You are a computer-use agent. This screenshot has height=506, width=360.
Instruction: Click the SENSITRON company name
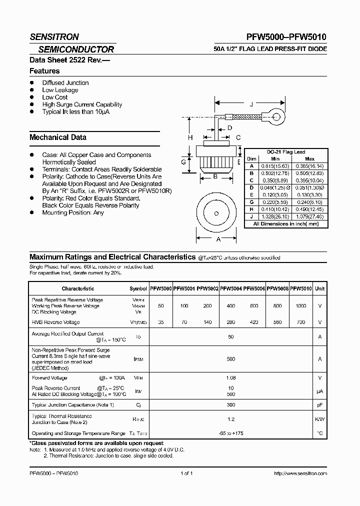pyautogui.click(x=54, y=37)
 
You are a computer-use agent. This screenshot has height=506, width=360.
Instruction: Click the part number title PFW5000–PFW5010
pyautogui.click(x=286, y=37)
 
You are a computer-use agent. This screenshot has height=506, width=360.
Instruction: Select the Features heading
pyautogui.click(x=44, y=71)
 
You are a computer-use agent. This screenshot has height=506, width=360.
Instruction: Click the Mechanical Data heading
pyautogui.click(x=58, y=137)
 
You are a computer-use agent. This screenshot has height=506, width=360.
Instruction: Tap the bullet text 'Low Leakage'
pyautogui.click(x=60, y=90)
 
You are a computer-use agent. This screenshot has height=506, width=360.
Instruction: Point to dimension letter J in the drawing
pyautogui.click(x=251, y=104)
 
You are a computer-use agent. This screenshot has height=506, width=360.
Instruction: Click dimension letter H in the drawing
pyautogui.click(x=190, y=137)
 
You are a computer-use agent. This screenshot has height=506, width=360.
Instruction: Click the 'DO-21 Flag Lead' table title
pyautogui.click(x=286, y=152)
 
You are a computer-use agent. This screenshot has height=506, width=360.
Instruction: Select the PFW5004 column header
pyautogui.click(x=231, y=288)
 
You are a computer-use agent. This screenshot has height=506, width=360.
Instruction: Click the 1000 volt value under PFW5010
pyautogui.click(x=300, y=305)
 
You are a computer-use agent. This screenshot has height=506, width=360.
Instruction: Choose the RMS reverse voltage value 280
pyautogui.click(x=231, y=322)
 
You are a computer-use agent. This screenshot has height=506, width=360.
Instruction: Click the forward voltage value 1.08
pyautogui.click(x=231, y=378)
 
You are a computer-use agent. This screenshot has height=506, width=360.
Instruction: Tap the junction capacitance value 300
pyautogui.click(x=231, y=404)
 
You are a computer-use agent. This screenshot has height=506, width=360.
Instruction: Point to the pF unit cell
pyautogui.click(x=320, y=404)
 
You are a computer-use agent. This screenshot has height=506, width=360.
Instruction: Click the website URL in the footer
pyautogui.click(x=300, y=473)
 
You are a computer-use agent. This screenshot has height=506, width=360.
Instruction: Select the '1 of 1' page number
pyautogui.click(x=186, y=473)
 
